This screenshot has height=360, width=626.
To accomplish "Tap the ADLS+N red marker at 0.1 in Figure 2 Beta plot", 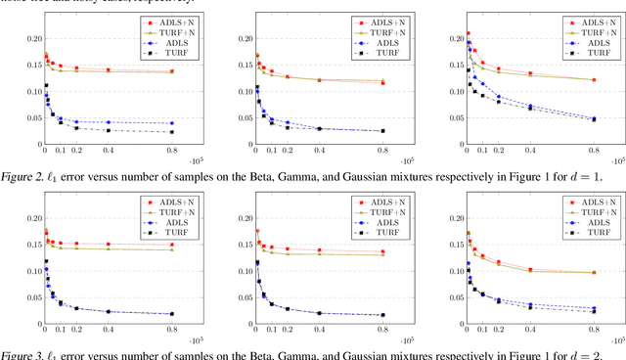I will tap(60, 67).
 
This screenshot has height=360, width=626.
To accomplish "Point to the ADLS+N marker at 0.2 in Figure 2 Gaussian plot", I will tap(498, 69).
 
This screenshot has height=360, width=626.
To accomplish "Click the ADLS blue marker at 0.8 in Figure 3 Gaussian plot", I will tap(594, 308).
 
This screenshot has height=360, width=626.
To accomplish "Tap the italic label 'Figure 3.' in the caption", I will tap(24, 354).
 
